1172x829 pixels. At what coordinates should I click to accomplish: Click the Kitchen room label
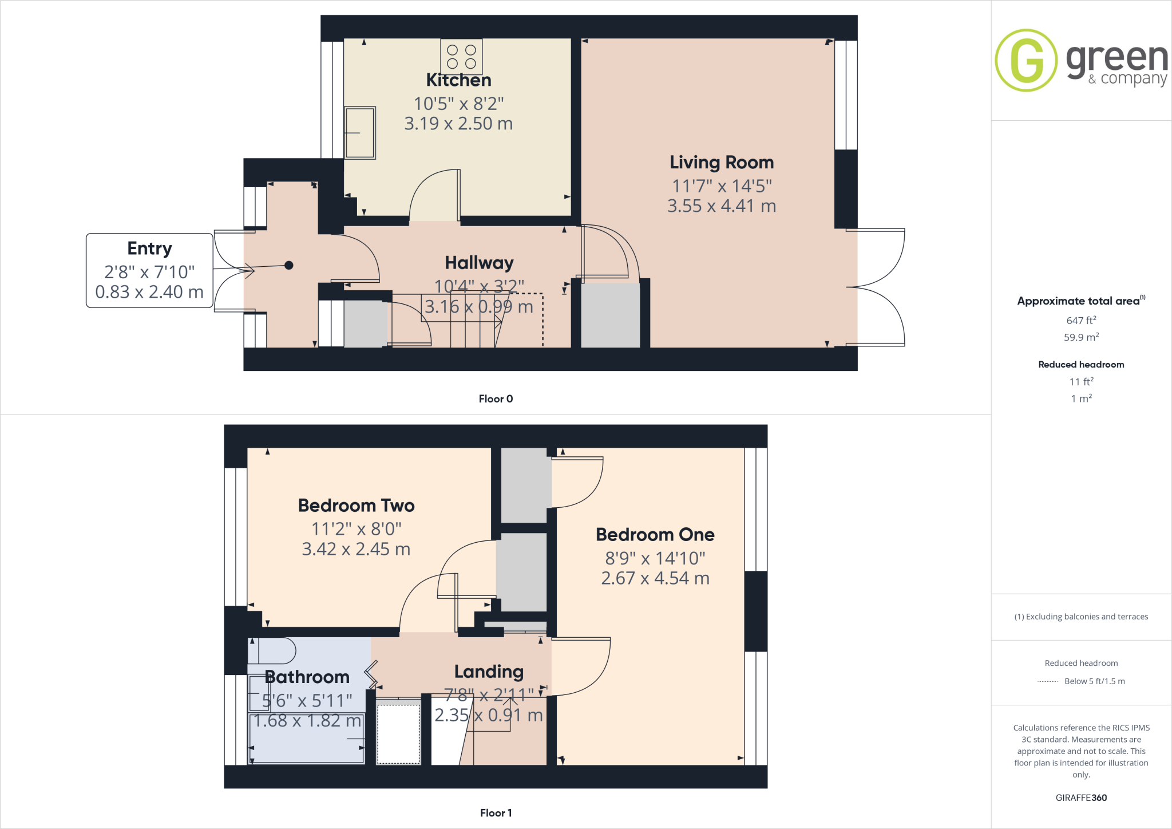point(458,80)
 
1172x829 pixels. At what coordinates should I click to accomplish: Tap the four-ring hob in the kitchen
point(461,57)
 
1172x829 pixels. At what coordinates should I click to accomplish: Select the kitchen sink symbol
point(360,132)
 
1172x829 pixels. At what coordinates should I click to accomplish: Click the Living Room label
point(722,163)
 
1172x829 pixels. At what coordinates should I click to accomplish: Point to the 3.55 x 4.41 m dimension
point(722,206)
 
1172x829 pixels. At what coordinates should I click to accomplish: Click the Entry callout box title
point(149,248)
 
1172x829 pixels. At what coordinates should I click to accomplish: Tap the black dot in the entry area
point(289,265)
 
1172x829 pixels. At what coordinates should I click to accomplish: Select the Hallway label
point(479,263)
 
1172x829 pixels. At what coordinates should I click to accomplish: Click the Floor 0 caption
point(496,399)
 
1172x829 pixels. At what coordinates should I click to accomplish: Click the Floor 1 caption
point(496,813)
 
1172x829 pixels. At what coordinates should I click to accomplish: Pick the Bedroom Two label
point(356,506)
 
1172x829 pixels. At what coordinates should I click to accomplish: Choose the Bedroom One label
point(655,535)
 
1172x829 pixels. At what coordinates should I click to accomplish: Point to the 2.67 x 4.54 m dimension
point(655,578)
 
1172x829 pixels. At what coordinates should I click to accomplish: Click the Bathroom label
point(307,677)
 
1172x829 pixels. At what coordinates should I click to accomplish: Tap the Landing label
point(489,672)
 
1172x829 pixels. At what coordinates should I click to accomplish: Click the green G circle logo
point(1026,60)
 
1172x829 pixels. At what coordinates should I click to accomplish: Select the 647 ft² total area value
point(1081,321)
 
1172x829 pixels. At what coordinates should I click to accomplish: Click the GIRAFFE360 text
point(1081,798)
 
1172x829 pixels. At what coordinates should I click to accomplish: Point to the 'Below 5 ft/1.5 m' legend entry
point(1094,681)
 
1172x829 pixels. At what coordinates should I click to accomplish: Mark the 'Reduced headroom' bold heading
point(1081,365)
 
